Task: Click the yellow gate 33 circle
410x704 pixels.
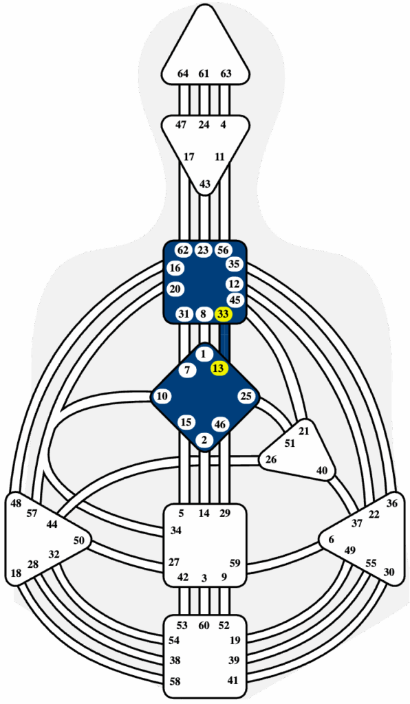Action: pyautogui.click(x=223, y=314)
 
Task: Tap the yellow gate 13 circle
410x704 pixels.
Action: pyautogui.click(x=219, y=368)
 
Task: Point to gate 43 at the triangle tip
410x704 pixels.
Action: pyautogui.click(x=205, y=184)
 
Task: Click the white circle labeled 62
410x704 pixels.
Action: pyautogui.click(x=182, y=250)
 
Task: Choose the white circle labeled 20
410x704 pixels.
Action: pyautogui.click(x=175, y=289)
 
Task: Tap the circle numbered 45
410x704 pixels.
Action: pyautogui.click(x=235, y=300)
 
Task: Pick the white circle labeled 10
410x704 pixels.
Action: pyautogui.click(x=162, y=397)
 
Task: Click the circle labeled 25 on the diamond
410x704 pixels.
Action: pyautogui.click(x=246, y=397)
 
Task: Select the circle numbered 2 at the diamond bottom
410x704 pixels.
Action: pyautogui.click(x=205, y=440)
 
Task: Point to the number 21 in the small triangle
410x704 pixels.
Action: pyautogui.click(x=304, y=432)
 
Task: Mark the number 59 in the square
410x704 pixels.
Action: pyautogui.click(x=235, y=562)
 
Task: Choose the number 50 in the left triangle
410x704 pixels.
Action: pyautogui.click(x=78, y=540)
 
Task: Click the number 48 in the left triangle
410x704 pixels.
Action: pyautogui.click(x=17, y=503)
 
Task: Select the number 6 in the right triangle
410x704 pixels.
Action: pyautogui.click(x=332, y=540)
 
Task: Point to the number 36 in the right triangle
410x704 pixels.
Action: pyautogui.click(x=392, y=503)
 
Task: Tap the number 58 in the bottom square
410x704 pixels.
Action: pyautogui.click(x=175, y=681)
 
